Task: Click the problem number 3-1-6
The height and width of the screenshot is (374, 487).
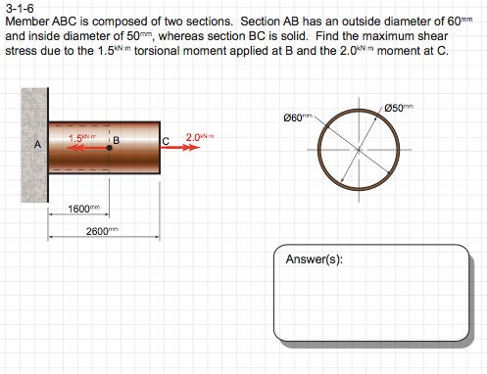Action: (x=19, y=7)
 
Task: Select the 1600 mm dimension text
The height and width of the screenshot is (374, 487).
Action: (x=84, y=209)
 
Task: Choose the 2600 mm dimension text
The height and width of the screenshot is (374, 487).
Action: (x=102, y=230)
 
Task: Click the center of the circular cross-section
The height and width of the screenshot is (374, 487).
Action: (x=354, y=148)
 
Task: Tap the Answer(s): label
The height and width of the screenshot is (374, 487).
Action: (x=314, y=260)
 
